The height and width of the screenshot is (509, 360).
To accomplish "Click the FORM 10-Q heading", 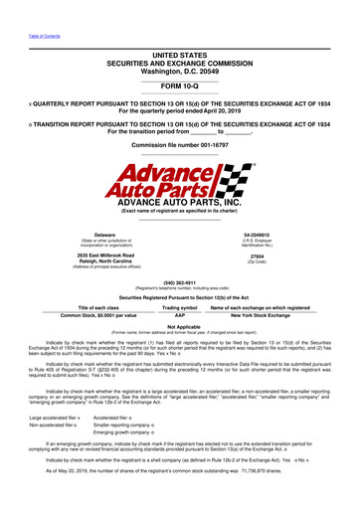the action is pos(179,83).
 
